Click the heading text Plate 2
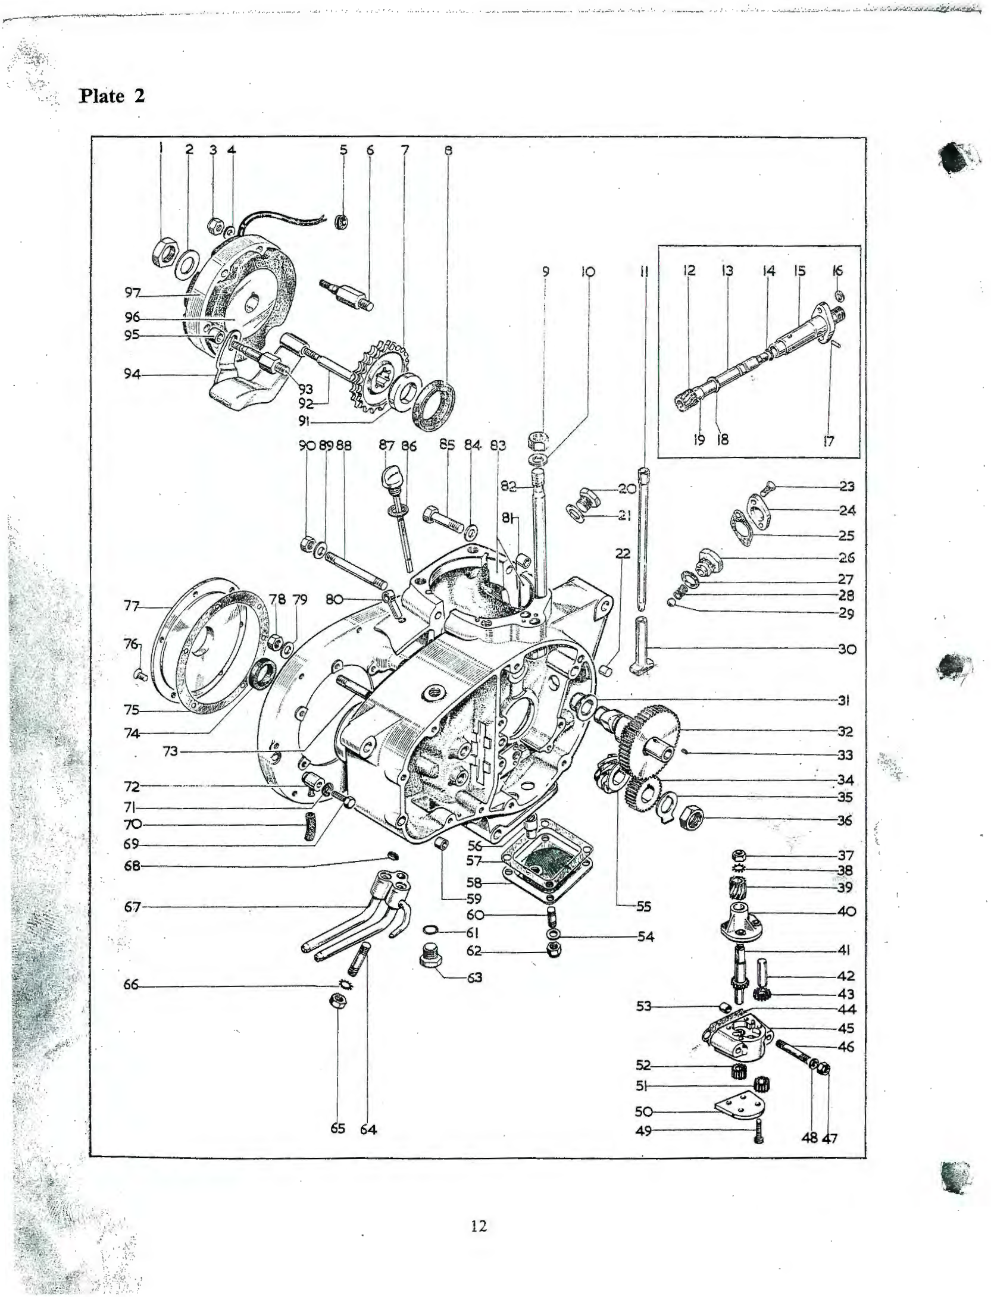pos(112,96)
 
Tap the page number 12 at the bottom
pos(479,1226)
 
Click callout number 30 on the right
pos(846,649)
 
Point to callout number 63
pos(474,978)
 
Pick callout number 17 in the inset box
pos(829,441)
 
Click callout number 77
pos(132,606)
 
